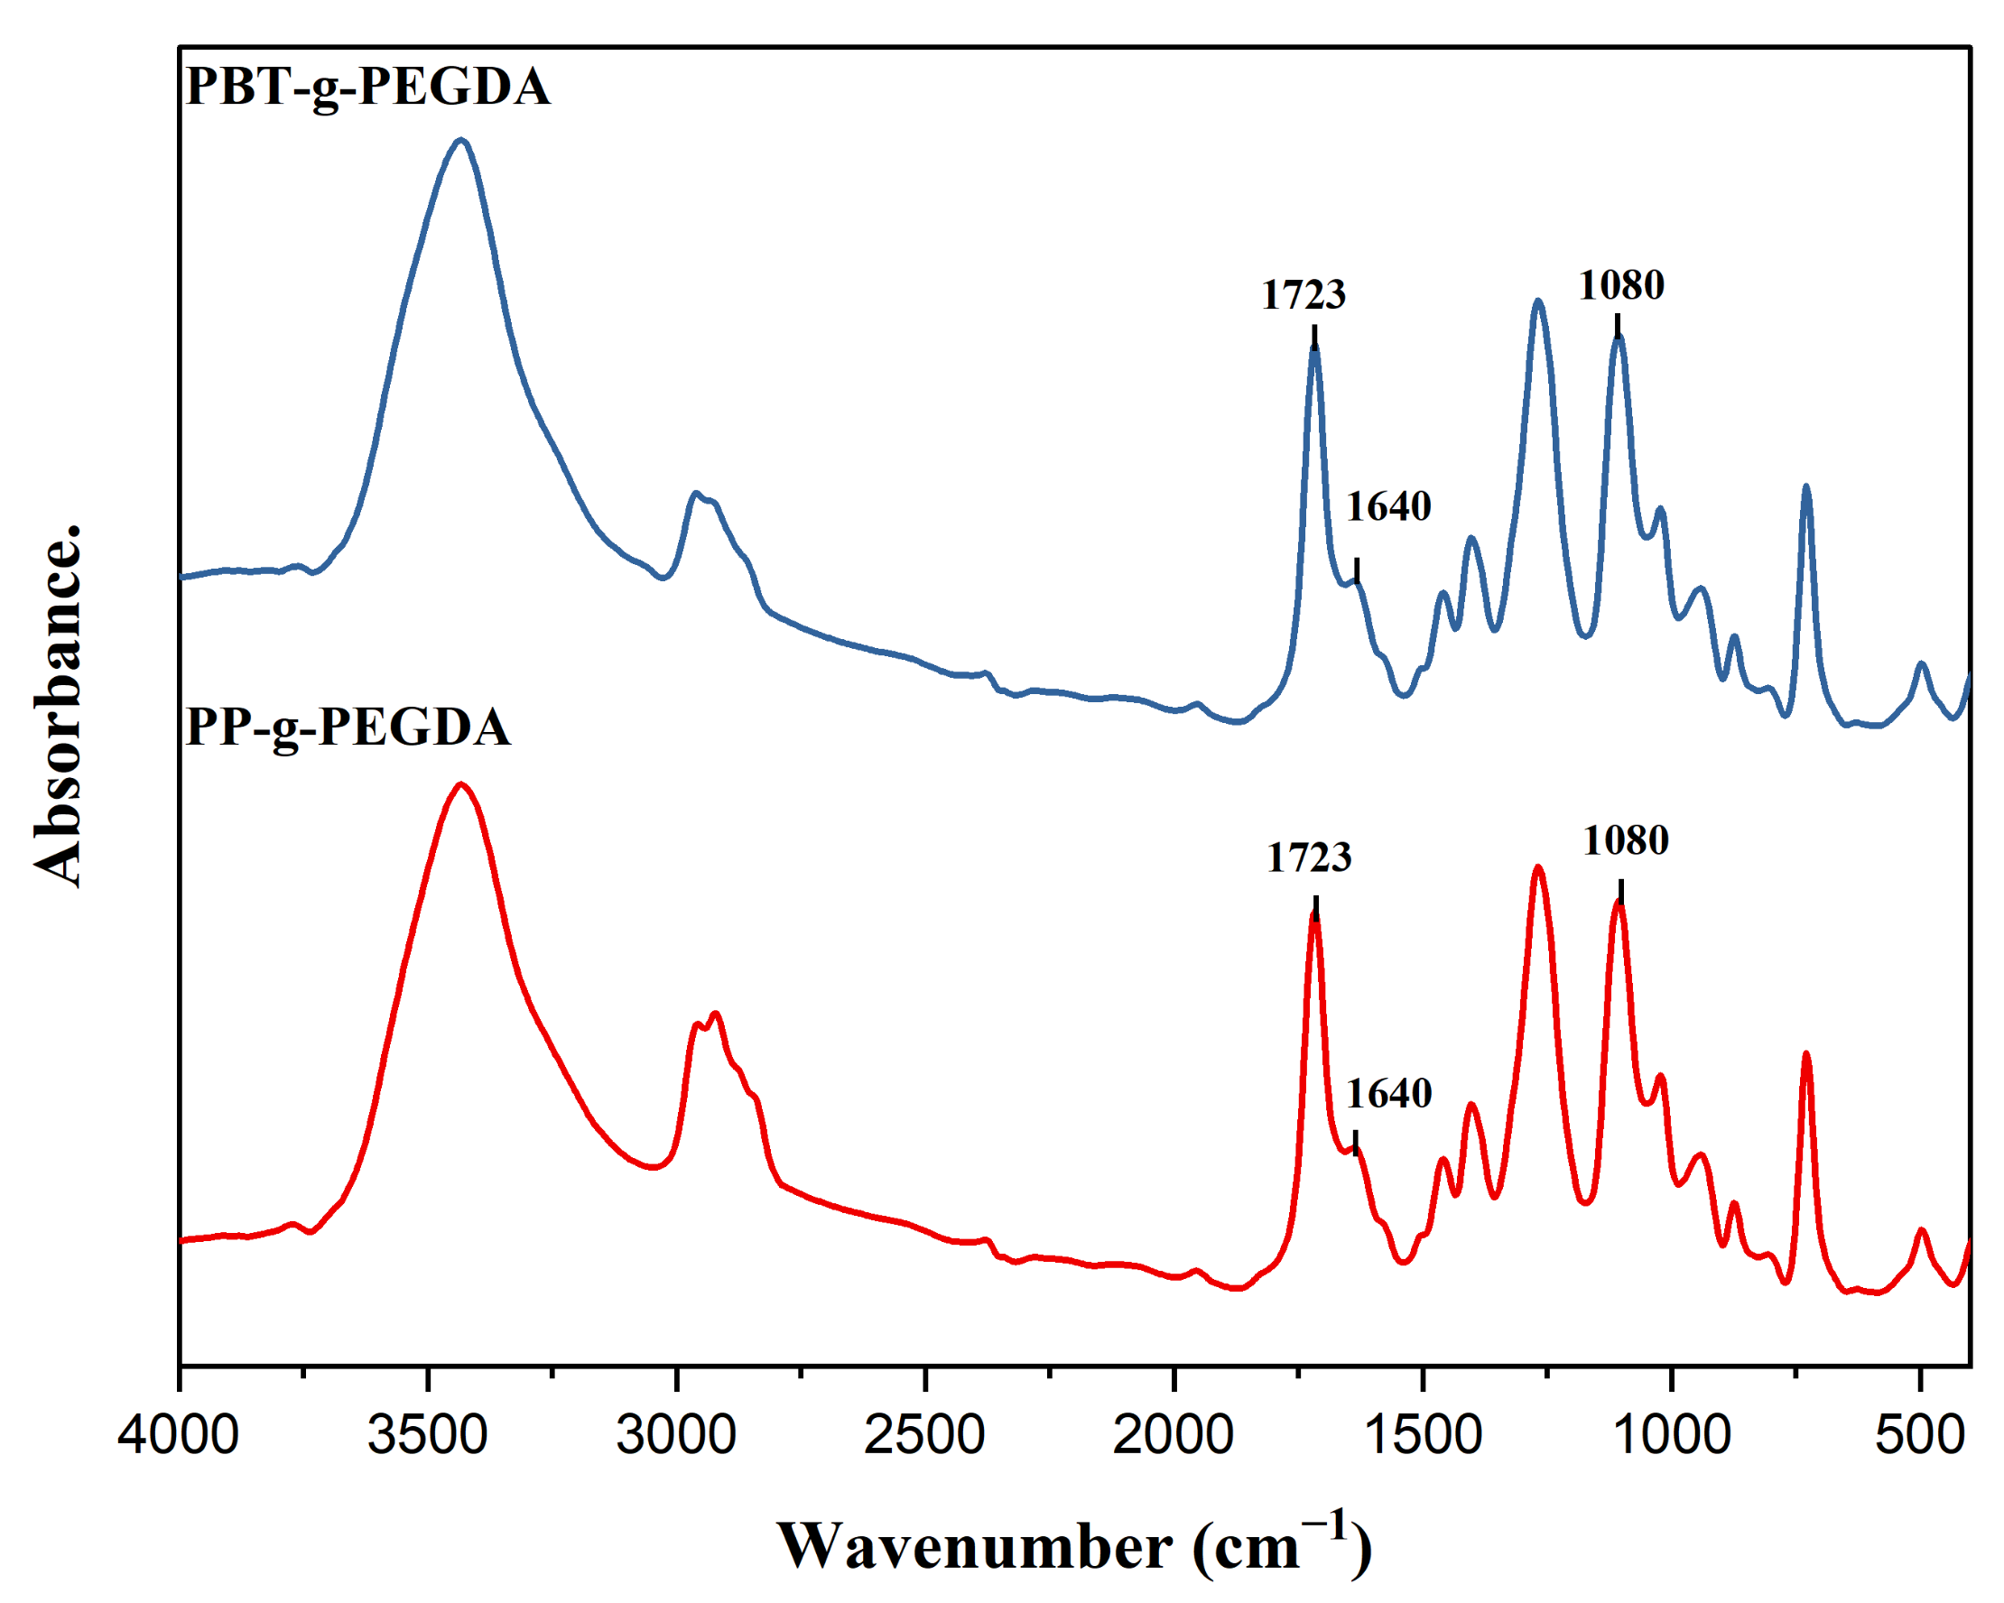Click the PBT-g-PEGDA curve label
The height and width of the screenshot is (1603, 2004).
pos(368,88)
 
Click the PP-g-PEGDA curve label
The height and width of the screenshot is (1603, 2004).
pos(348,727)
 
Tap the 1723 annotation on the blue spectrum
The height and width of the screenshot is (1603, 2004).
pos(1304,295)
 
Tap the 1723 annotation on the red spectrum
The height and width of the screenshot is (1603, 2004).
pos(1309,857)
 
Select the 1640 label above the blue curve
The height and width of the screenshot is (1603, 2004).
pos(1388,507)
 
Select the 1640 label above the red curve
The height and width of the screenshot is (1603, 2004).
pos(1388,1095)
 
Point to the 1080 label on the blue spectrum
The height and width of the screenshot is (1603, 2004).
pos(1621,285)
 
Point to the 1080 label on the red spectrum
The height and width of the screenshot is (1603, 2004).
pos(1626,841)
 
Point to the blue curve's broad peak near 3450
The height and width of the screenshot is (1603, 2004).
pos(460,141)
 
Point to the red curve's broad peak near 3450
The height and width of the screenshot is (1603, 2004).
pos(460,785)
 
